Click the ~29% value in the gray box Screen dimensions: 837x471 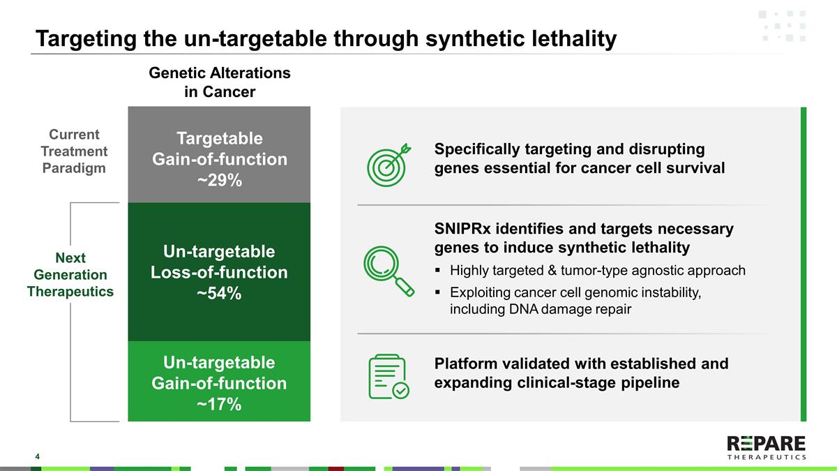[220, 180]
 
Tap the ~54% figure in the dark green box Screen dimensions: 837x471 [219, 293]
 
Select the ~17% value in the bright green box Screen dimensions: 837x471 [219, 404]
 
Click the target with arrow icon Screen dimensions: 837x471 [389, 165]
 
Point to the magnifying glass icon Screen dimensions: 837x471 [389, 271]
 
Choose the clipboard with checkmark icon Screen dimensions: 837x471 [389, 376]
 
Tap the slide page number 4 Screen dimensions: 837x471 [38, 456]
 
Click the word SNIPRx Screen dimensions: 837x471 [462, 228]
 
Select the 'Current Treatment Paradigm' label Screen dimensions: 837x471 [74, 151]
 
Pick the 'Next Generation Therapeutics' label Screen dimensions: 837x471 [70, 274]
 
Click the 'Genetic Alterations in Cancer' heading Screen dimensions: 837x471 [220, 82]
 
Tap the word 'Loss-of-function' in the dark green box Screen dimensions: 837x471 [219, 272]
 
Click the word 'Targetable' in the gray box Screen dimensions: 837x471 [220, 139]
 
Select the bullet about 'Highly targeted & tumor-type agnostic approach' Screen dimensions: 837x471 [597, 270]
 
